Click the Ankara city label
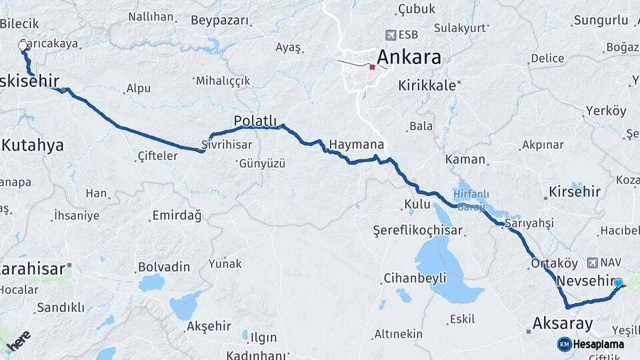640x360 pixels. [x=409, y=57]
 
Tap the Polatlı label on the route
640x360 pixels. [x=255, y=120]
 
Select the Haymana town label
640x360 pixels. [x=357, y=144]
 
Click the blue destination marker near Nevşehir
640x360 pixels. [x=618, y=283]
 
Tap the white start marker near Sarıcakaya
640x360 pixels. [x=23, y=46]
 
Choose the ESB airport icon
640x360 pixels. [x=391, y=35]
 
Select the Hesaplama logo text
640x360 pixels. [x=598, y=344]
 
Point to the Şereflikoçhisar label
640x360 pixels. [x=417, y=230]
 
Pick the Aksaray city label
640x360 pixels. [x=562, y=324]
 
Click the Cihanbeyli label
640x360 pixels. [x=415, y=278]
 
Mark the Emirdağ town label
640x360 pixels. [x=177, y=215]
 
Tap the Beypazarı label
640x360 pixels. [x=220, y=20]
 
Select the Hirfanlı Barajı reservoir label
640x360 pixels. [x=471, y=199]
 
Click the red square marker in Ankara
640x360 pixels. [x=372, y=67]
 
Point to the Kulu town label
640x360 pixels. [x=417, y=204]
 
